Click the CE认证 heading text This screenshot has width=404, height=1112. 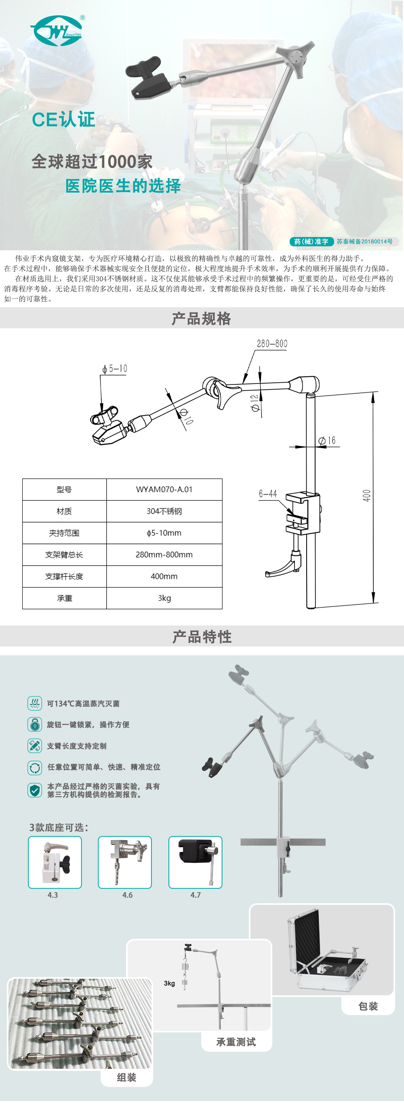63,120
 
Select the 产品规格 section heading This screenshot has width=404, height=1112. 201,319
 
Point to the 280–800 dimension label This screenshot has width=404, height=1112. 272,344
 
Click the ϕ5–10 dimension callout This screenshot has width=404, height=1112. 115,369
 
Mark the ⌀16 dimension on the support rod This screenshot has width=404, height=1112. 327,440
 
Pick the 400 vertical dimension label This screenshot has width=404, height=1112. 366,495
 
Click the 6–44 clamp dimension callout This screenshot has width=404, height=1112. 268,493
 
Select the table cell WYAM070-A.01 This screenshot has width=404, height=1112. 164,489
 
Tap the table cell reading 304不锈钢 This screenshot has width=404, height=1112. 164,511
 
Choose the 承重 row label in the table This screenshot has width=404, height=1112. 64,598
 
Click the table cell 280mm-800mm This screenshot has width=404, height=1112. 164,555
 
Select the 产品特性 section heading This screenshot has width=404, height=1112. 202,637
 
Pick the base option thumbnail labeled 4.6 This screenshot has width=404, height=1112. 125,862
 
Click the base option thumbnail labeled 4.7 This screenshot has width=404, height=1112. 195,862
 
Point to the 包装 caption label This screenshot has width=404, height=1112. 368,1006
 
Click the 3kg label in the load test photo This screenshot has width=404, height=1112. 169,983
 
